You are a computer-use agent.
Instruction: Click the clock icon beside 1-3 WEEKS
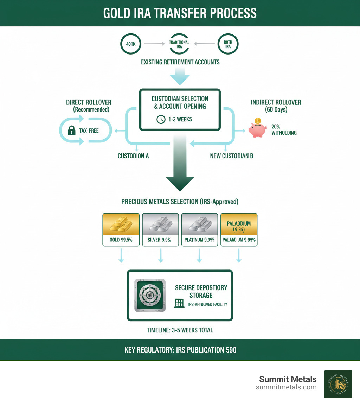[x=161, y=119]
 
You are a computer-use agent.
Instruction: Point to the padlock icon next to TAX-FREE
[x=72, y=131]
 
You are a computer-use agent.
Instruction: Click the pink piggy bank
[x=257, y=129]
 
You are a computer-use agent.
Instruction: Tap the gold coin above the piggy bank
[x=258, y=120]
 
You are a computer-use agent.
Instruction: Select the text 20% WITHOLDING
[x=284, y=129]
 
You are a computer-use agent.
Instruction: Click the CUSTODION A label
[x=133, y=156]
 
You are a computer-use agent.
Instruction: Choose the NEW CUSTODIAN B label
[x=232, y=156]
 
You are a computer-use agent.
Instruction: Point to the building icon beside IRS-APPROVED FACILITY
[x=179, y=303]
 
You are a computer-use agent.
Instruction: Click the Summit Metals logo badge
[x=338, y=384]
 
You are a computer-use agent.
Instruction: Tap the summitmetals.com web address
[x=286, y=387]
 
